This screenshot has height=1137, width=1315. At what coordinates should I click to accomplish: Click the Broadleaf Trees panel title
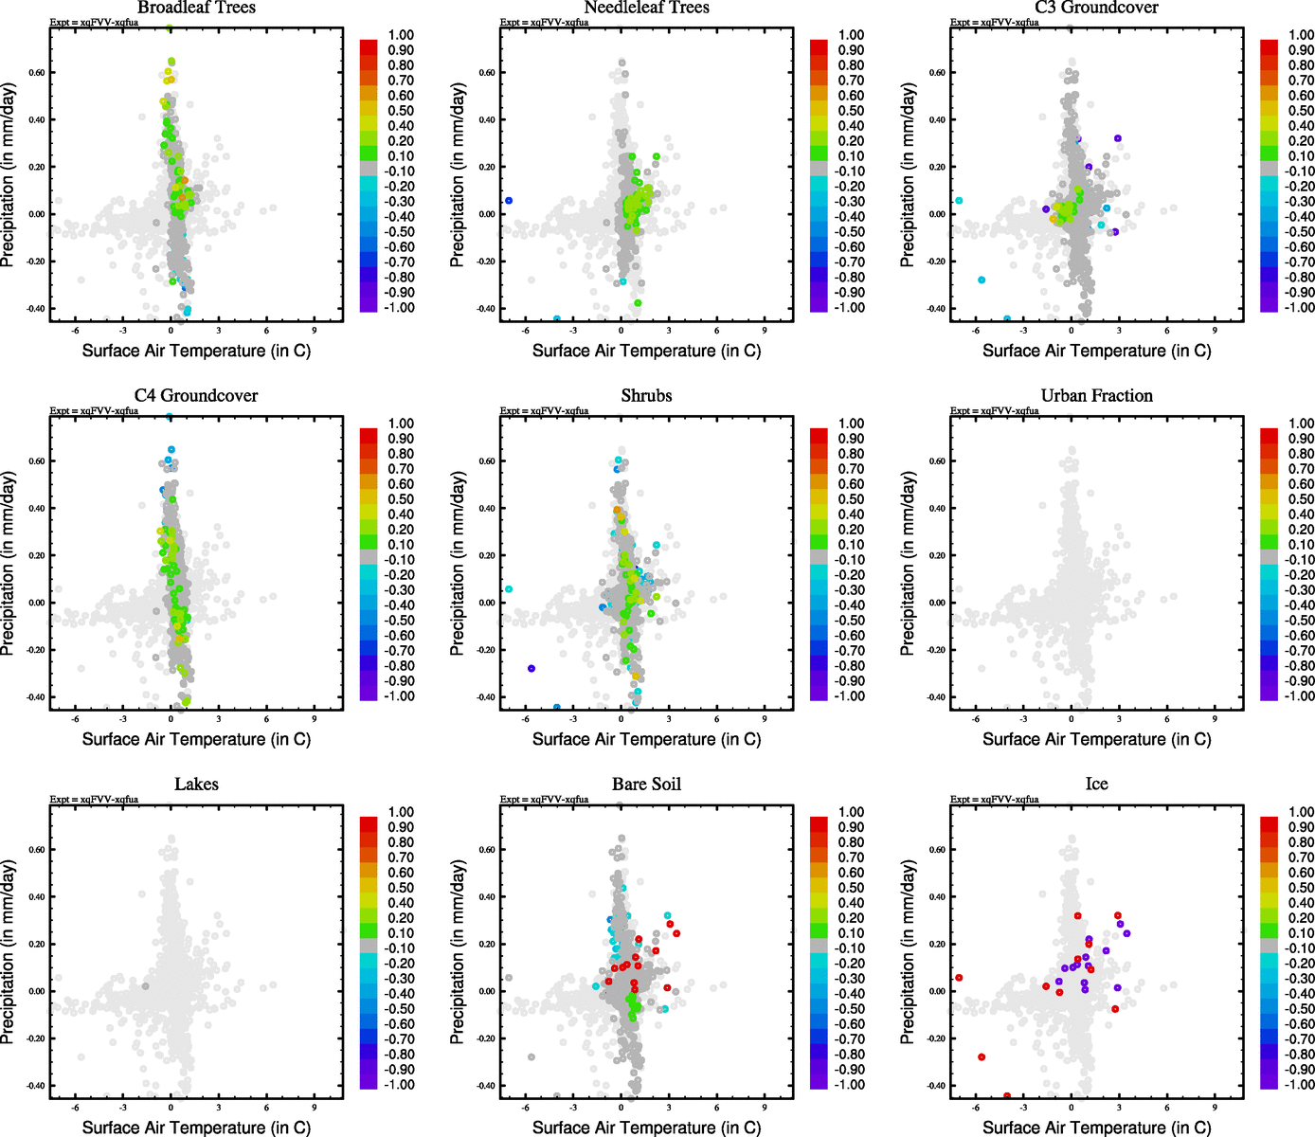point(196,8)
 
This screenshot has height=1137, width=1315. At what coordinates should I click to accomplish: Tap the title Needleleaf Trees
point(646,8)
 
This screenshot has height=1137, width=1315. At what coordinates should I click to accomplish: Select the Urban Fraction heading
point(1096,396)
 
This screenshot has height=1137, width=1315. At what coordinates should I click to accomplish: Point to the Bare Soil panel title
point(646,785)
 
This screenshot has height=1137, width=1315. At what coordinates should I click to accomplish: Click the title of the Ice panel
point(1096,785)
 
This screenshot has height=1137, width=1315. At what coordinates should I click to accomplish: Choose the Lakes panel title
point(196,785)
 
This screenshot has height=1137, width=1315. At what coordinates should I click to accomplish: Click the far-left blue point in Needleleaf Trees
point(509,201)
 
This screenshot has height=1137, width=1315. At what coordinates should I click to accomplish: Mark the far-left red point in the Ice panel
point(959,978)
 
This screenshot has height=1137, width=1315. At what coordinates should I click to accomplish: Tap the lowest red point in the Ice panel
point(1006,1095)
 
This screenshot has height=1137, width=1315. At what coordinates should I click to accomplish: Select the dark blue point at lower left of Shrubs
point(531,669)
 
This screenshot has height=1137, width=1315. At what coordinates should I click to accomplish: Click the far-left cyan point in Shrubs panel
point(509,589)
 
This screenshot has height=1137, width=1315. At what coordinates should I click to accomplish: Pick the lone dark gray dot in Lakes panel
point(145,986)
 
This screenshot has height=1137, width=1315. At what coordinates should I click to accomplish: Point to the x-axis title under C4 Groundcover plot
point(196,739)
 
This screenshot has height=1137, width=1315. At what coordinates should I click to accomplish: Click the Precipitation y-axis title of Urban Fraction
point(908,564)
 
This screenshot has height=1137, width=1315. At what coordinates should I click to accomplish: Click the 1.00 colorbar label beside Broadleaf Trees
point(401,35)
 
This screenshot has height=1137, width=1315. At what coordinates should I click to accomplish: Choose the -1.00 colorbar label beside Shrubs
point(849,696)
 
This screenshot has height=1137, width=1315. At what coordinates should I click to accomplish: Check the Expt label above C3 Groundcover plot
point(995,23)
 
